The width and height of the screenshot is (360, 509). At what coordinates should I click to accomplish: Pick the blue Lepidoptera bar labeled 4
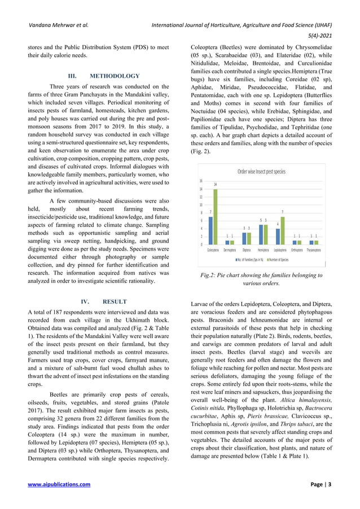278,236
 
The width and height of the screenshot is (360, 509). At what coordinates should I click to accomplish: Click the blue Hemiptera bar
261,234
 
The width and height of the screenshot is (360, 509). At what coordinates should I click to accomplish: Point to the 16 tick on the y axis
202,181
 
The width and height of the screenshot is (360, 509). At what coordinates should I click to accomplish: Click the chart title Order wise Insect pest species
261,171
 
